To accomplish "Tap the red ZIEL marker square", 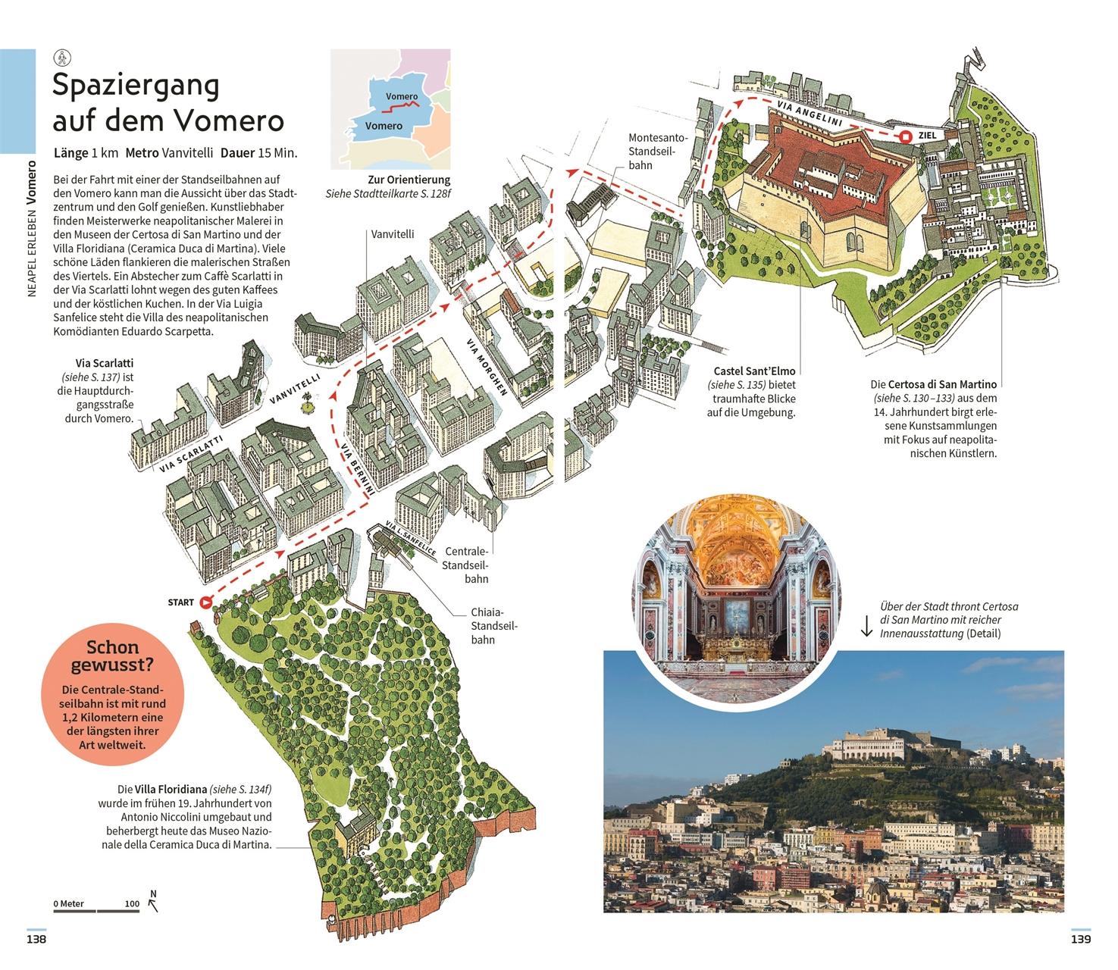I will [906, 137].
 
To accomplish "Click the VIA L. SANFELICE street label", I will [411, 539].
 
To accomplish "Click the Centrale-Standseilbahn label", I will [465, 565].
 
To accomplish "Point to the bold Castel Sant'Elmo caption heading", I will [754, 371].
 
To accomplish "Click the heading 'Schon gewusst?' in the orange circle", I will [112, 656].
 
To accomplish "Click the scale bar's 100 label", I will [132, 903].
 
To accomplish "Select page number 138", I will [36, 940].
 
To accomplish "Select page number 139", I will [1081, 940].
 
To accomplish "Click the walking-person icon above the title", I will [61, 58].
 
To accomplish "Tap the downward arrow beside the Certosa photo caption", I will [867, 627].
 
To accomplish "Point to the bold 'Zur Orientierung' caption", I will [409, 180].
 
